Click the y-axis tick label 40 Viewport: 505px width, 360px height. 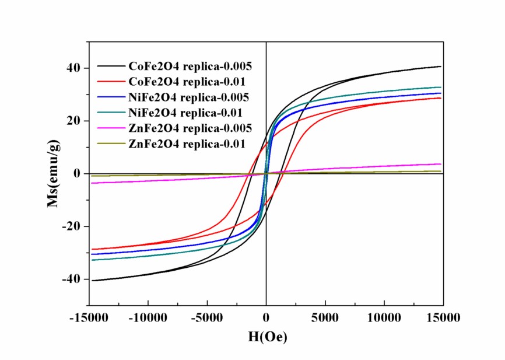pyautogui.click(x=73, y=68)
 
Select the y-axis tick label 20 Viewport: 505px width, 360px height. pyautogui.click(x=73, y=121)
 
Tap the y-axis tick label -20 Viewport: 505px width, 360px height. pyautogui.click(x=71, y=226)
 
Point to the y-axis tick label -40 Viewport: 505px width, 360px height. pyautogui.click(x=71, y=279)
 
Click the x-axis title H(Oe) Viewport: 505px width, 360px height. pyautogui.click(x=266, y=337)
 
